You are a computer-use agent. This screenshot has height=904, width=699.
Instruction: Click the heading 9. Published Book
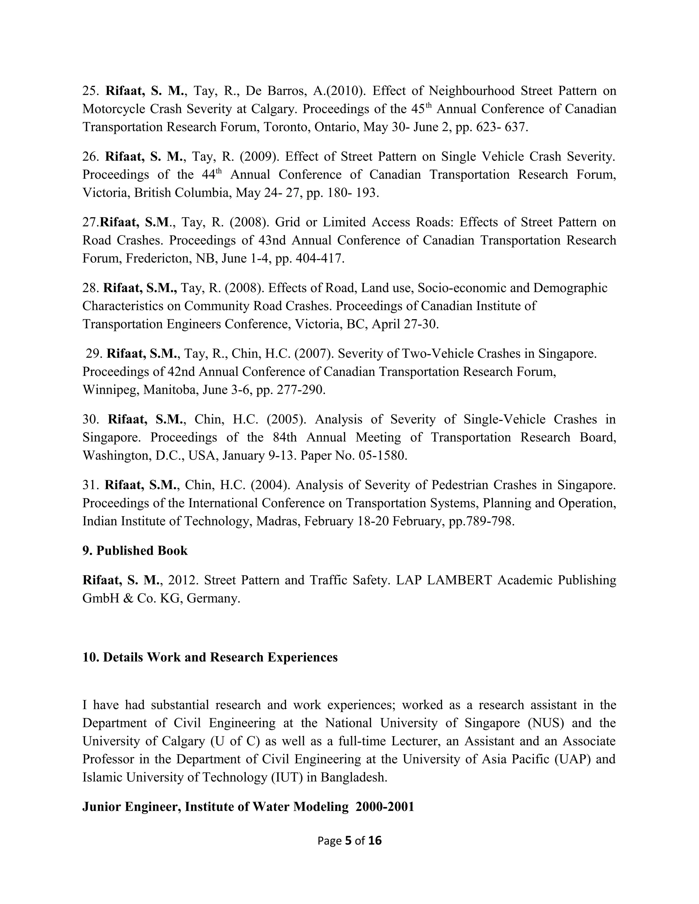pyautogui.click(x=135, y=551)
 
